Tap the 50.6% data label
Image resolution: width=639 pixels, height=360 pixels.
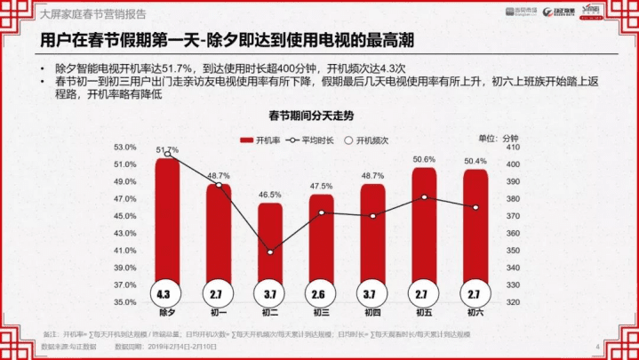pos(424,160)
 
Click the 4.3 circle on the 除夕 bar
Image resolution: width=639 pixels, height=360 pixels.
pos(166,292)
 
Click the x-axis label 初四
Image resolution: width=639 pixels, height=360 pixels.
pos(373,313)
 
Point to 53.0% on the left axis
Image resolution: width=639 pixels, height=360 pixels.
pos(125,148)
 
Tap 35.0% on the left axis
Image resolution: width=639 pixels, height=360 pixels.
pos(125,303)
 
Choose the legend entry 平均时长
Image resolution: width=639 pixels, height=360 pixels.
pos(316,140)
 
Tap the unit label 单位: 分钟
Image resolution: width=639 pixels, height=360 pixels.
pos(498,139)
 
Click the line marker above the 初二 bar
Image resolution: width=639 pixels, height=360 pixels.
pos(270,252)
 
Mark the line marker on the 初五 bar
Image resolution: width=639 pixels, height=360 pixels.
pos(424,196)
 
